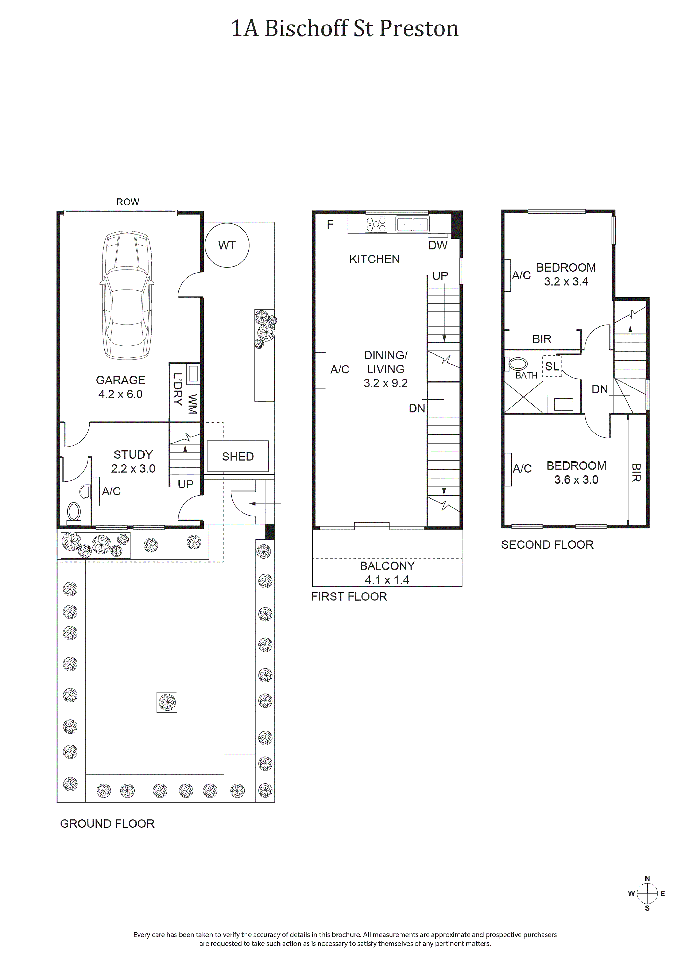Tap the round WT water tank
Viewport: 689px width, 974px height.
pos(227,245)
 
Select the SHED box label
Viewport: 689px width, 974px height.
pos(238,456)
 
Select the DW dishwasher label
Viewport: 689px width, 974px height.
pos(438,245)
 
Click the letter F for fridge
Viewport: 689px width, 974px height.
pos(330,224)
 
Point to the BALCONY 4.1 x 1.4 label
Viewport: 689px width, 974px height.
pos(387,573)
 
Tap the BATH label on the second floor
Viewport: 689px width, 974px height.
pos(527,376)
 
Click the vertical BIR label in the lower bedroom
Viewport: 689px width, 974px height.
pos(636,472)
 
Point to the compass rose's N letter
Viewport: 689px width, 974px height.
pos(647,878)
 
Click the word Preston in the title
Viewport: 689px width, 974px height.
pos(419,29)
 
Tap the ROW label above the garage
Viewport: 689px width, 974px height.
pos(128,202)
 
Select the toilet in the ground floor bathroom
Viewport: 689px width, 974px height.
pos(74,512)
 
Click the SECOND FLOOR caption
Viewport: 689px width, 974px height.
pos(547,544)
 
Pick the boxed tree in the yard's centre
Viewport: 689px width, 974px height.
pos(167,702)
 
